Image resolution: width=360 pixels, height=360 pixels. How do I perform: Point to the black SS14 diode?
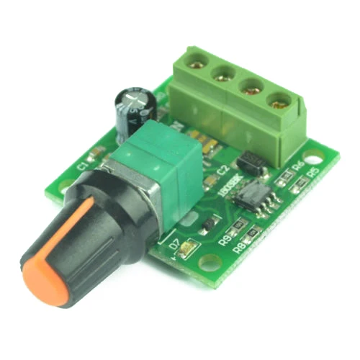253,162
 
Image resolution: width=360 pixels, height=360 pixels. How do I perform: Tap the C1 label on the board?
82,164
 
